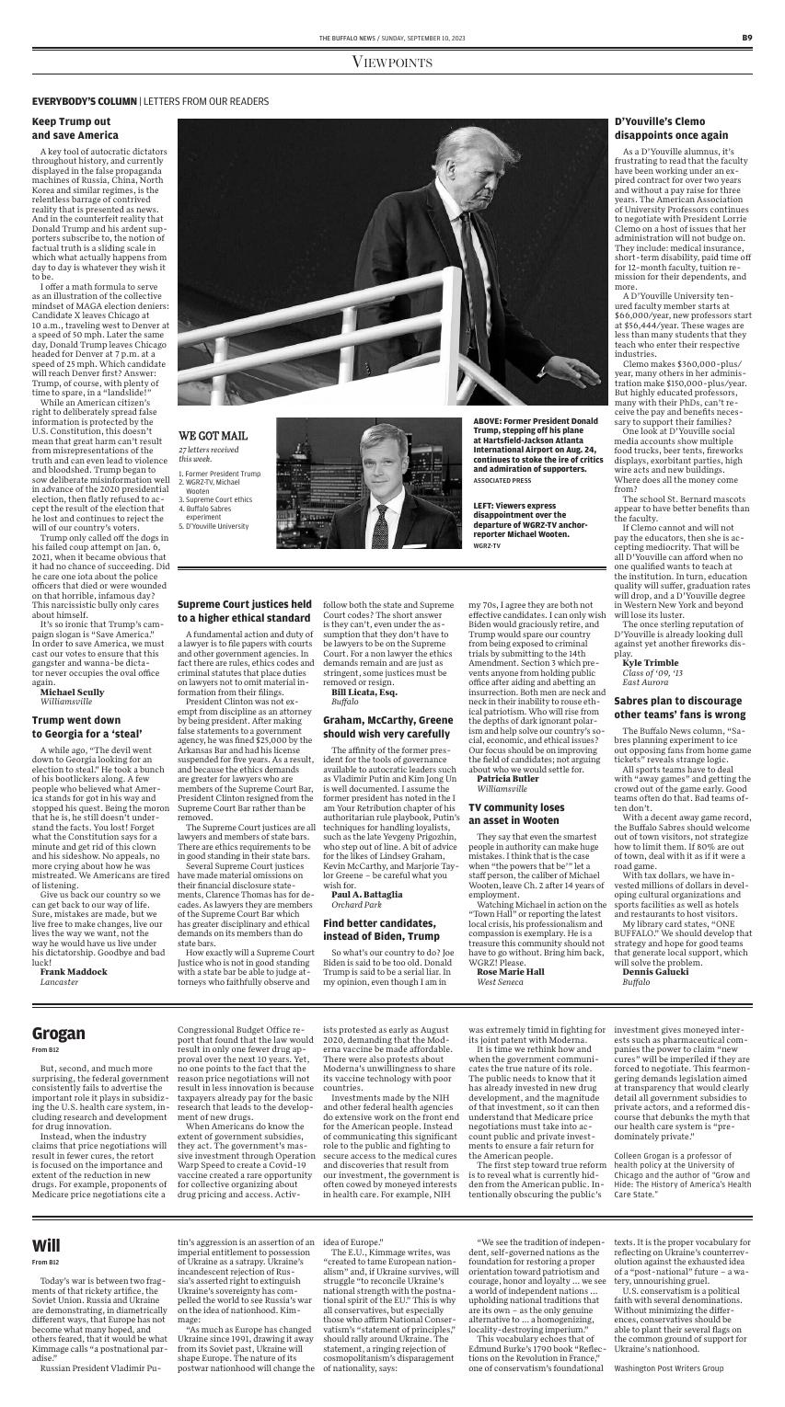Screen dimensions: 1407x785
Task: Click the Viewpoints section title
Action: (x=392, y=62)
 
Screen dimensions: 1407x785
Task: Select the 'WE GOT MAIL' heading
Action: (x=213, y=434)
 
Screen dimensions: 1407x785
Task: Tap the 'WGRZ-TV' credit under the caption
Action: (x=487, y=546)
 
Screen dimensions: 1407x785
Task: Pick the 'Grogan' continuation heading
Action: (x=59, y=1034)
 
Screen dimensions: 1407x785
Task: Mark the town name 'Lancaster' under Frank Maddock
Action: (x=59, y=981)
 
